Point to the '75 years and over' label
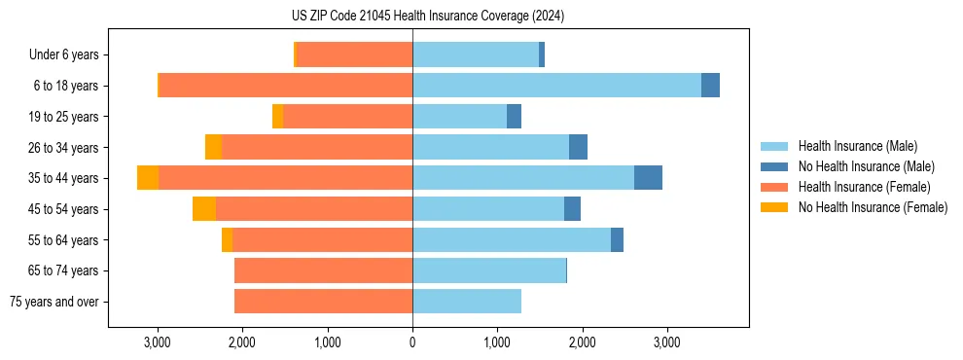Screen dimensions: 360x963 (58, 302)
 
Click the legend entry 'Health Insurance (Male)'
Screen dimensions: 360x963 (857, 146)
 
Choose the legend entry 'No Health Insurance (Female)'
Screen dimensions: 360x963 (873, 207)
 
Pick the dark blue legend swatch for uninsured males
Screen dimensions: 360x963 (774, 166)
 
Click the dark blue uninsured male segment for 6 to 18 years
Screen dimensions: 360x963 (710, 86)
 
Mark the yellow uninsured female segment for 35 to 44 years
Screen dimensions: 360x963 (148, 178)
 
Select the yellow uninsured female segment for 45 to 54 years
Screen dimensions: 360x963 (204, 209)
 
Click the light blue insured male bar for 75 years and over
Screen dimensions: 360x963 (467, 302)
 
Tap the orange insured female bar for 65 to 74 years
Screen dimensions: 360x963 (323, 270)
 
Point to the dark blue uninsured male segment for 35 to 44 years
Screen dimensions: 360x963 (648, 178)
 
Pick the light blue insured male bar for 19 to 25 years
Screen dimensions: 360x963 (459, 117)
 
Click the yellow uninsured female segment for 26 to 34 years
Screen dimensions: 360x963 (213, 147)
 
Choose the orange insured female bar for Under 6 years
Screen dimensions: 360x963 (355, 54)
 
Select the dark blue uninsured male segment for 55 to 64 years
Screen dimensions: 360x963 (617, 239)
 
